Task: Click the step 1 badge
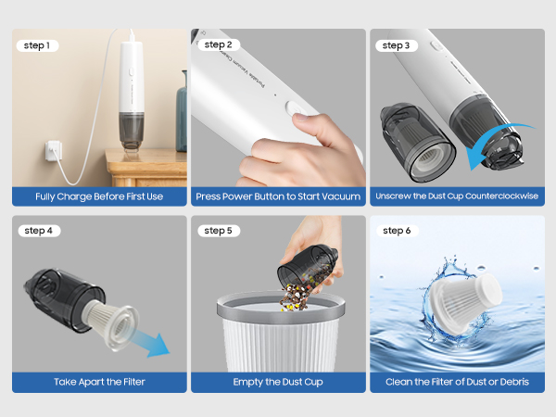click(36, 45)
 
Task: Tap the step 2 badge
click(219, 44)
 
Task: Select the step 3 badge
click(396, 44)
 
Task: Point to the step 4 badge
click(38, 231)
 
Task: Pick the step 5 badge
click(219, 231)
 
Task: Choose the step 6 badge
click(396, 231)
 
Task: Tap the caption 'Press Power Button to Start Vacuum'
click(277, 196)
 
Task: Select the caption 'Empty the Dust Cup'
click(277, 382)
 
